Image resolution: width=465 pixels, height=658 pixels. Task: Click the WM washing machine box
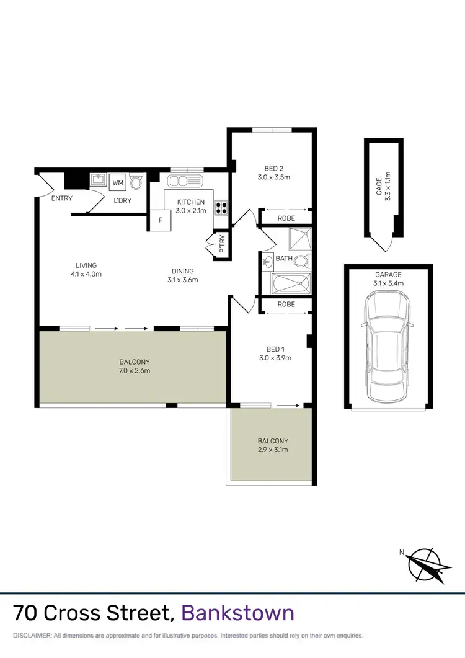pyautogui.click(x=118, y=183)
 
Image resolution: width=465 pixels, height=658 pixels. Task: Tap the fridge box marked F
pyautogui.click(x=160, y=220)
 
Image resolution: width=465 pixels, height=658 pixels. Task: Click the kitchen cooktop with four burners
pyautogui.click(x=221, y=208)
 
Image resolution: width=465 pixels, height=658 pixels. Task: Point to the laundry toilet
pyautogui.click(x=136, y=183)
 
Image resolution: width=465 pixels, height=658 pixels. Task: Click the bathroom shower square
pyautogui.click(x=299, y=239)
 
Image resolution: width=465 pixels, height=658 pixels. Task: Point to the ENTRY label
pyautogui.click(x=62, y=198)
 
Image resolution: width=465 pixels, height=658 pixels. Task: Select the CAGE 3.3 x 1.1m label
pyautogui.click(x=383, y=184)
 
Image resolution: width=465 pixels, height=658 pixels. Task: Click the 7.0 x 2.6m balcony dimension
pyautogui.click(x=135, y=371)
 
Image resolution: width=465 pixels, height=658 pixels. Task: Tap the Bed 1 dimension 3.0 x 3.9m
pyautogui.click(x=275, y=358)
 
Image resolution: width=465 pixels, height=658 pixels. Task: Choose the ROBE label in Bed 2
pyautogui.click(x=286, y=219)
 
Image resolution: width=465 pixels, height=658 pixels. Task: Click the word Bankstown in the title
pyautogui.click(x=237, y=613)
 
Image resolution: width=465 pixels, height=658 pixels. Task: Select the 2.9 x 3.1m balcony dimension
pyautogui.click(x=273, y=450)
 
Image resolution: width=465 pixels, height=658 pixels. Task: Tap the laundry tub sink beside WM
pyautogui.click(x=99, y=181)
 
